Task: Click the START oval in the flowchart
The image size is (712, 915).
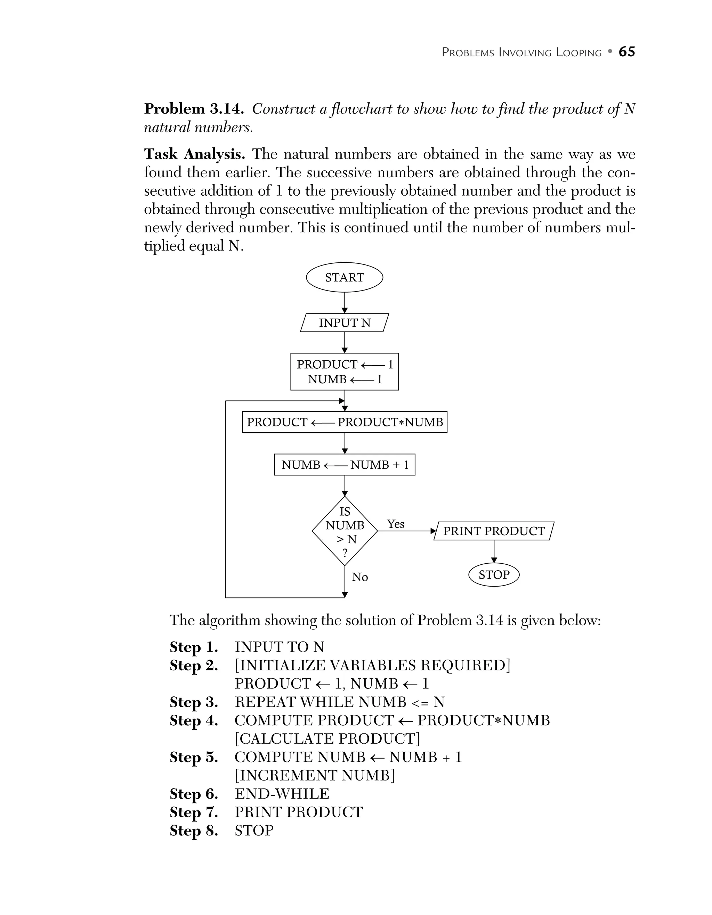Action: click(345, 277)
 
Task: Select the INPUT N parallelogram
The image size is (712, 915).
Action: click(345, 323)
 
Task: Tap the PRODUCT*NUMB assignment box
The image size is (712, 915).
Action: click(345, 422)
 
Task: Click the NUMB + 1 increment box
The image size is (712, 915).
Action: click(345, 465)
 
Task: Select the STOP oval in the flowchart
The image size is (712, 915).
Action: click(494, 574)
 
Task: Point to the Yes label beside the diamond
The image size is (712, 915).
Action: click(395, 524)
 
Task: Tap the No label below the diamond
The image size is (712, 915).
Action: click(359, 577)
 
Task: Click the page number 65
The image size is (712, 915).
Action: click(626, 51)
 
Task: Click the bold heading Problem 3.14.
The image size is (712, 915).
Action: click(194, 109)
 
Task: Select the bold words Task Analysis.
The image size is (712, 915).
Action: click(194, 154)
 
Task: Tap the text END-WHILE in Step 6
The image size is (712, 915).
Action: click(282, 794)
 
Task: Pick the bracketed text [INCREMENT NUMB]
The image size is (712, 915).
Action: click(314, 776)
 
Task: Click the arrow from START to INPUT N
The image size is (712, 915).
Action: click(345, 302)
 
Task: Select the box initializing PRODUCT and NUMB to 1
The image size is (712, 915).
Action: click(345, 371)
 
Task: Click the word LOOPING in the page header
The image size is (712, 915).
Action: click(579, 53)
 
